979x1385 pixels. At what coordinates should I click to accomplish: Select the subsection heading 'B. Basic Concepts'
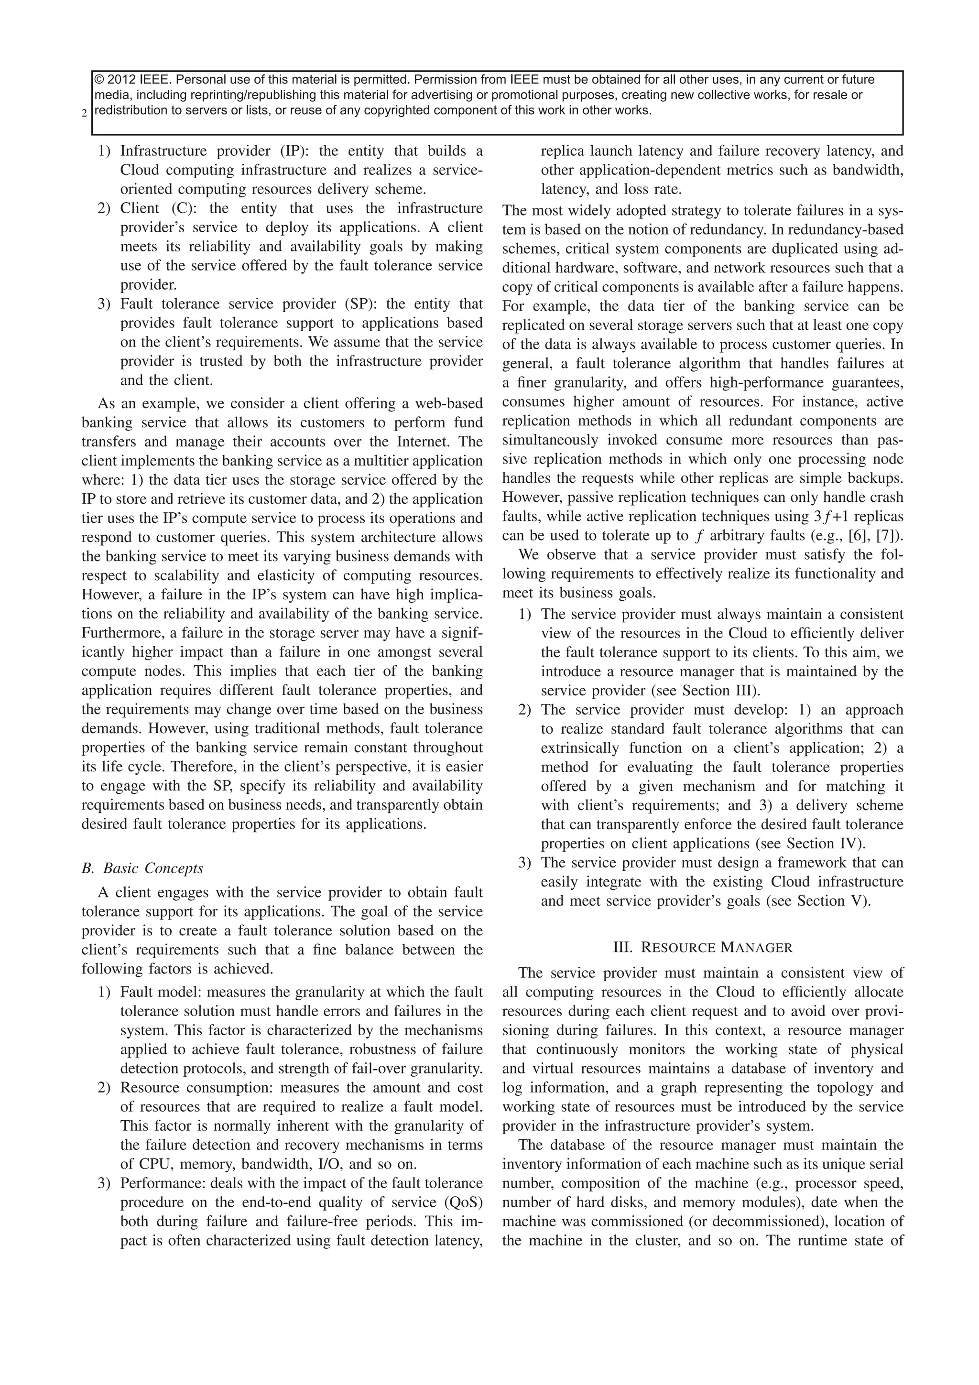tap(142, 868)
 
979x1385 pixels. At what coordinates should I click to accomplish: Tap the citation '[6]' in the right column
tap(856, 535)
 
